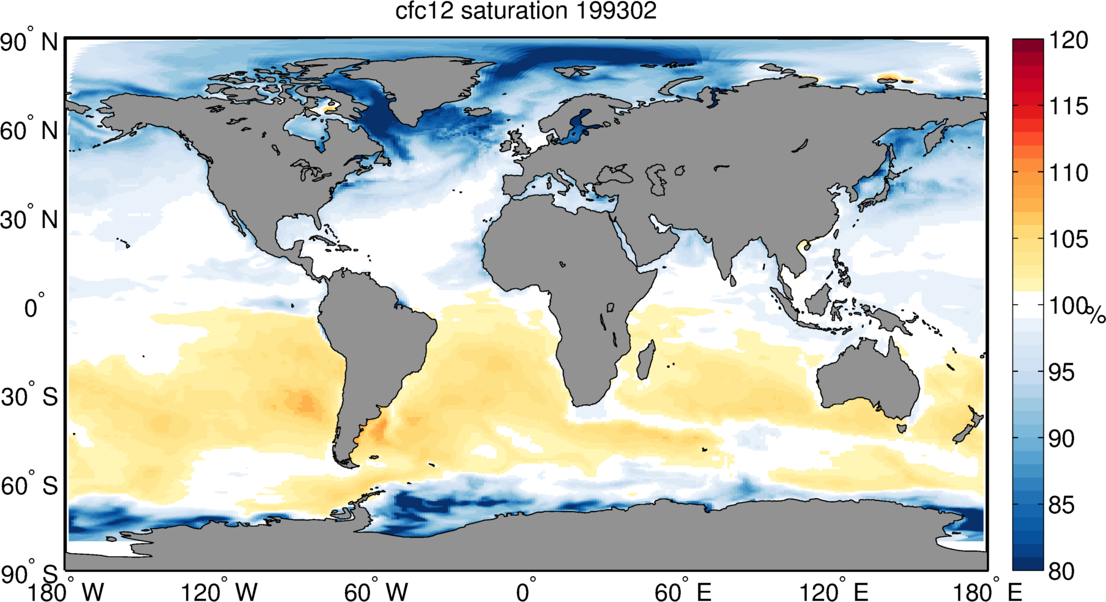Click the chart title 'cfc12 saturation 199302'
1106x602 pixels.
coord(525,11)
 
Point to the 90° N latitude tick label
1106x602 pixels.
coord(29,43)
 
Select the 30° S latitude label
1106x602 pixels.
coord(29,397)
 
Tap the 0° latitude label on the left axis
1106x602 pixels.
coord(34,307)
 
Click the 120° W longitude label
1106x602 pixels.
coord(219,592)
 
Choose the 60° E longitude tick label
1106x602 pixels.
coord(683,592)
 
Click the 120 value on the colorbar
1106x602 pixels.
coord(1068,40)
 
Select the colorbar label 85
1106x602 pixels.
coord(1061,505)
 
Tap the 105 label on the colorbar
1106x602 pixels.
coord(1068,239)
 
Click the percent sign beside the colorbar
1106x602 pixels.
coord(1096,316)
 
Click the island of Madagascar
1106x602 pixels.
coord(646,361)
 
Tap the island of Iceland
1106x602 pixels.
coord(477,112)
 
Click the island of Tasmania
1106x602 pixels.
coord(901,428)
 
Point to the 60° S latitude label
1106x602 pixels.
coord(29,486)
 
